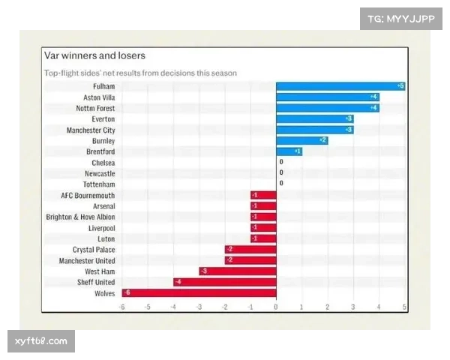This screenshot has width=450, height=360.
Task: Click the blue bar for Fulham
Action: pos(340,87)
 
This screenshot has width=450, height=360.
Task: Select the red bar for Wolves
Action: pos(199,293)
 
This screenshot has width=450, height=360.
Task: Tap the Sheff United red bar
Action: pos(224,282)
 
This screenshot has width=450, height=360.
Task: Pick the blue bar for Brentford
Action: pos(289,151)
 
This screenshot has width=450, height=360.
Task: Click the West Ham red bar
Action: pos(237,271)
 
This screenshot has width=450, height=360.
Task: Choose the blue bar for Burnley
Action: pos(301,140)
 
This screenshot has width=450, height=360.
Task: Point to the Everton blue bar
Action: pos(314,119)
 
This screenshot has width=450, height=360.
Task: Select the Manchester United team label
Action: pos(87,261)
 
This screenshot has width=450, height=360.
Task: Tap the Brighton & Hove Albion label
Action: pos(80,217)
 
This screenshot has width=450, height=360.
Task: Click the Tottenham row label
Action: pos(99,184)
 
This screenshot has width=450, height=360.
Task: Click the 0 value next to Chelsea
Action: pos(281,162)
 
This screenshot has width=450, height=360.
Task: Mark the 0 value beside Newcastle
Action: pos(281,173)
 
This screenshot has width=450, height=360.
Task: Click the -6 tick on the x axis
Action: pos(121,307)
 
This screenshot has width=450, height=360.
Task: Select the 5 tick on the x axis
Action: pos(404,307)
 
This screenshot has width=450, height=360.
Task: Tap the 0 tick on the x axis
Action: pos(276,307)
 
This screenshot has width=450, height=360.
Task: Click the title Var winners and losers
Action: pos(94,56)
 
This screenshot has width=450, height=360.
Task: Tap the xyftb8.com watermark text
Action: pos(41,341)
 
